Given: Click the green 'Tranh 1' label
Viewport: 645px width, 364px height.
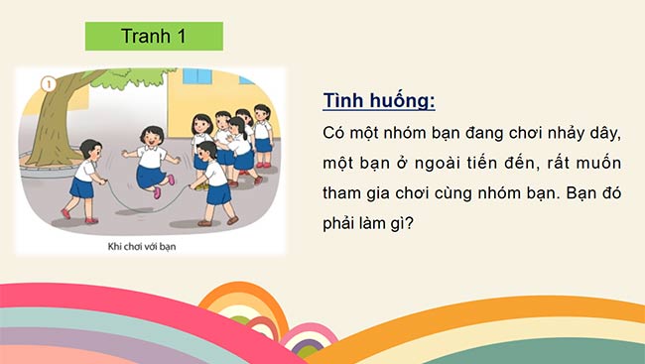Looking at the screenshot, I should pyautogui.click(x=154, y=37).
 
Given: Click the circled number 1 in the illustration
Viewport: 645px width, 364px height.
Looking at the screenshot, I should pyautogui.click(x=45, y=84).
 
